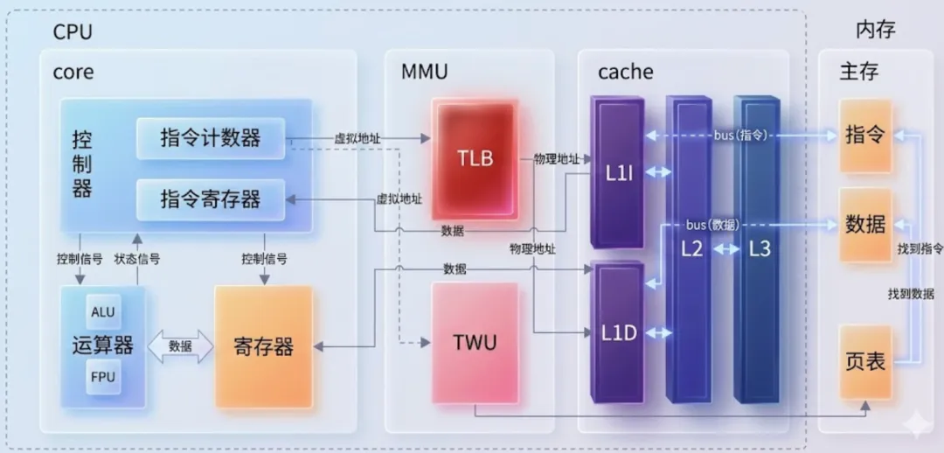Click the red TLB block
tap(475, 157)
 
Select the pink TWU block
tap(475, 342)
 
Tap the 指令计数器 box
tap(211, 138)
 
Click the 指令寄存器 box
tap(211, 199)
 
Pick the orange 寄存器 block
tap(263, 347)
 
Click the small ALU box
tap(102, 312)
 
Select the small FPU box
tap(102, 377)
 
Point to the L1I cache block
tap(618, 173)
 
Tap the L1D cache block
tap(618, 333)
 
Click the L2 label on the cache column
tap(691, 248)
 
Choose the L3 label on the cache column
tap(760, 248)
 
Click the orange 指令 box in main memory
tap(865, 136)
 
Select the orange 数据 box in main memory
tap(865, 225)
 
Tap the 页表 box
tap(865, 361)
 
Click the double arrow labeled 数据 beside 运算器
tap(181, 346)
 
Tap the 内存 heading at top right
tap(875, 31)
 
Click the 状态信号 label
tap(137, 259)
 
